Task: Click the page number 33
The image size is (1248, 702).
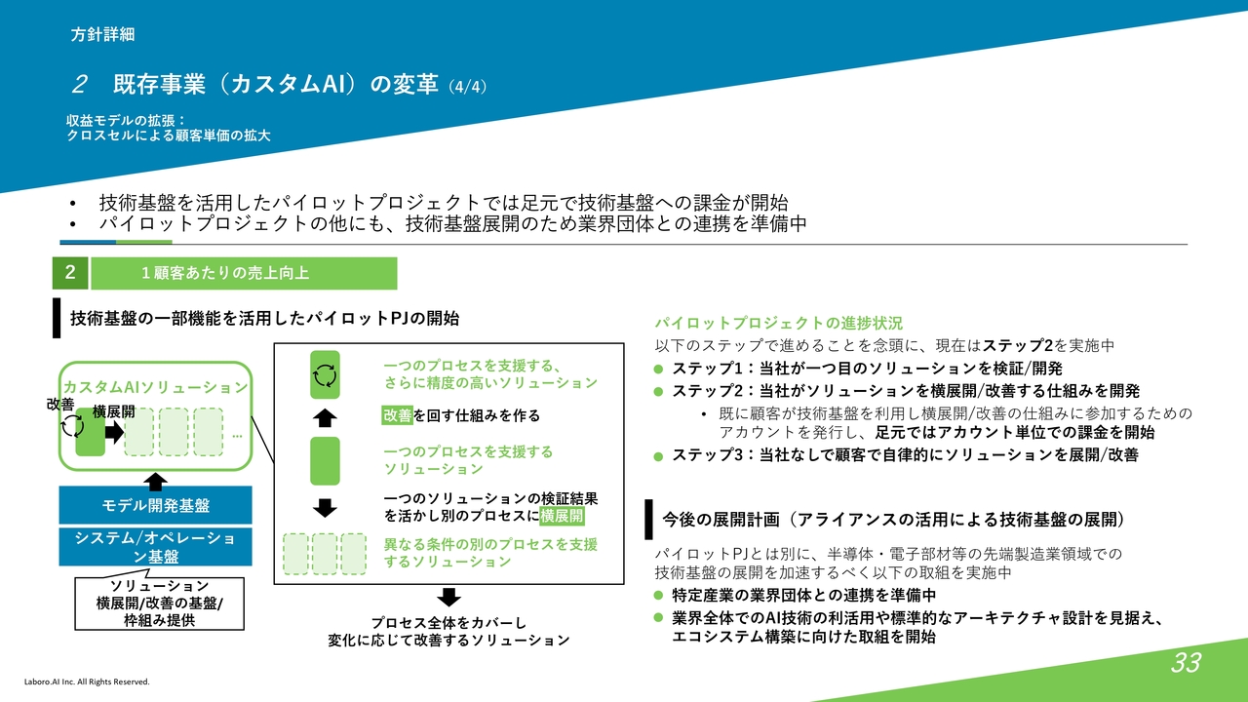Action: pos(1186,662)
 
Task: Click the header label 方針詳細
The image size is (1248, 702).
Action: pos(102,34)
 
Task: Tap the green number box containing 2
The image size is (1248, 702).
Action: pos(70,273)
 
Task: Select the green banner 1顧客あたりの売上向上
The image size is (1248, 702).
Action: pos(244,273)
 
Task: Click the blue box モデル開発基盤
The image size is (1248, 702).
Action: pos(155,505)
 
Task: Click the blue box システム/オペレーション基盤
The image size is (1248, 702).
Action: pos(155,547)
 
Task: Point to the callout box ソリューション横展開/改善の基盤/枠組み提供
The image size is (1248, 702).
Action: pos(159,604)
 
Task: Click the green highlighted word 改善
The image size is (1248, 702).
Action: pos(397,415)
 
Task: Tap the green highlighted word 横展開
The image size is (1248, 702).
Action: pos(562,516)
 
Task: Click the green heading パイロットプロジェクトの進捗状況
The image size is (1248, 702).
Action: pos(779,323)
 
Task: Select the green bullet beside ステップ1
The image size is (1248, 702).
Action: pos(658,369)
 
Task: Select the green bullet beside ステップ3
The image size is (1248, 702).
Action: pos(658,456)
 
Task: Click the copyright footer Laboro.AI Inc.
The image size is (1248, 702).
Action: pos(87,682)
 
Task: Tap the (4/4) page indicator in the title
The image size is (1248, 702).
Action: pos(467,87)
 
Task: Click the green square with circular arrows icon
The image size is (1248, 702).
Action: pos(325,375)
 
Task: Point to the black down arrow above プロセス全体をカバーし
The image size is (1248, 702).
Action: pos(448,597)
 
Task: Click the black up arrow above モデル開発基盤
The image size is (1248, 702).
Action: pos(155,482)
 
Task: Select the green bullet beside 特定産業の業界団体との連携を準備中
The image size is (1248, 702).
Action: pos(658,595)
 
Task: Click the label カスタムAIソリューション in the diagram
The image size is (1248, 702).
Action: pos(155,387)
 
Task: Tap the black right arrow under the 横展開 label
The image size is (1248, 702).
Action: pos(115,432)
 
